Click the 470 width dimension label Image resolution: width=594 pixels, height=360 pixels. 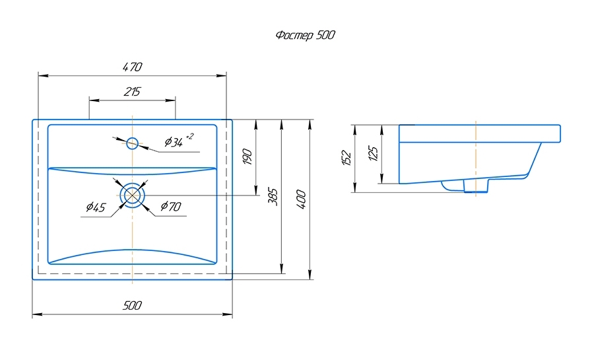point(132,67)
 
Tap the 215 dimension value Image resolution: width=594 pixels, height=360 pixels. point(132,92)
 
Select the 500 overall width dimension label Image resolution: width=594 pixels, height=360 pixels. point(132,305)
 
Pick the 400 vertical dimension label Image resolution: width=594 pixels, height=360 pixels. point(301,199)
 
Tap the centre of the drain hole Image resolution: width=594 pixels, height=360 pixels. point(133,195)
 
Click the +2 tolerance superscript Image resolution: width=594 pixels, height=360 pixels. point(190,136)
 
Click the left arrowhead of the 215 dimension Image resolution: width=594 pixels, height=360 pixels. point(92,100)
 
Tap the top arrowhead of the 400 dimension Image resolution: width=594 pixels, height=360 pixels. point(310,123)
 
